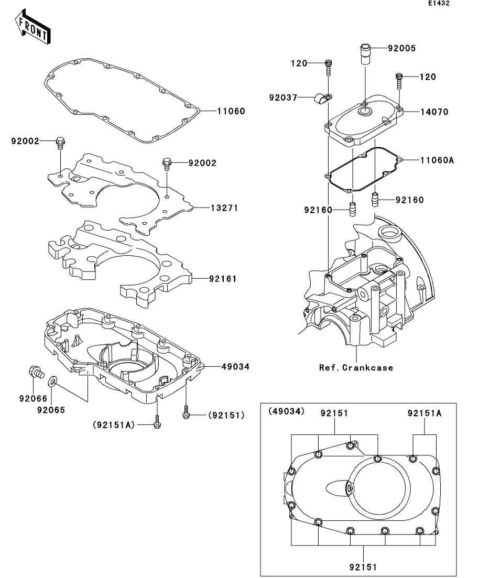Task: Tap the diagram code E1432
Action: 439,3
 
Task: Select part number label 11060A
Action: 437,160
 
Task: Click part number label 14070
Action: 434,112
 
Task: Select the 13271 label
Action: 224,208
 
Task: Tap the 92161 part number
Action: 223,279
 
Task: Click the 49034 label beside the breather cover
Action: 235,366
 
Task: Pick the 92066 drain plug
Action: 36,372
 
